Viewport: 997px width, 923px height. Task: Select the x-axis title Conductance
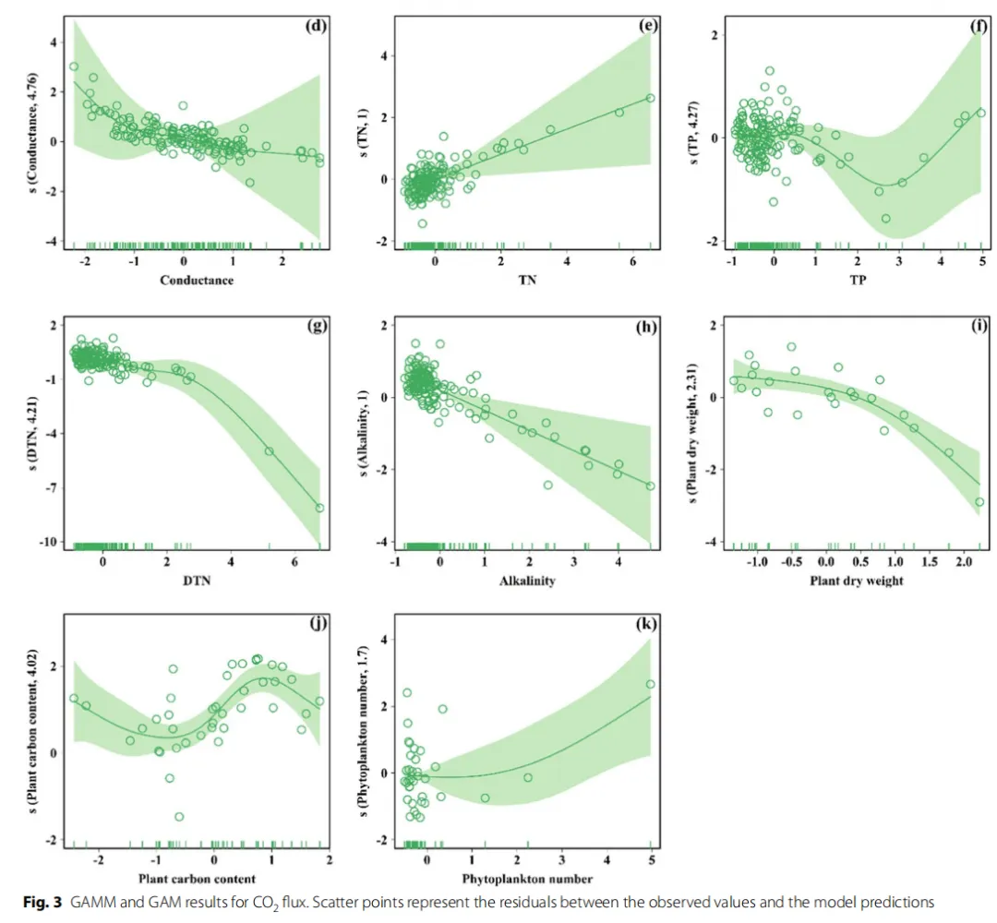(198, 280)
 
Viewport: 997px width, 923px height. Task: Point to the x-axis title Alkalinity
(524, 581)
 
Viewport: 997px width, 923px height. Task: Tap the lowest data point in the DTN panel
(319, 508)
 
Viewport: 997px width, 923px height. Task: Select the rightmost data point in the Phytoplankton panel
(650, 684)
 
